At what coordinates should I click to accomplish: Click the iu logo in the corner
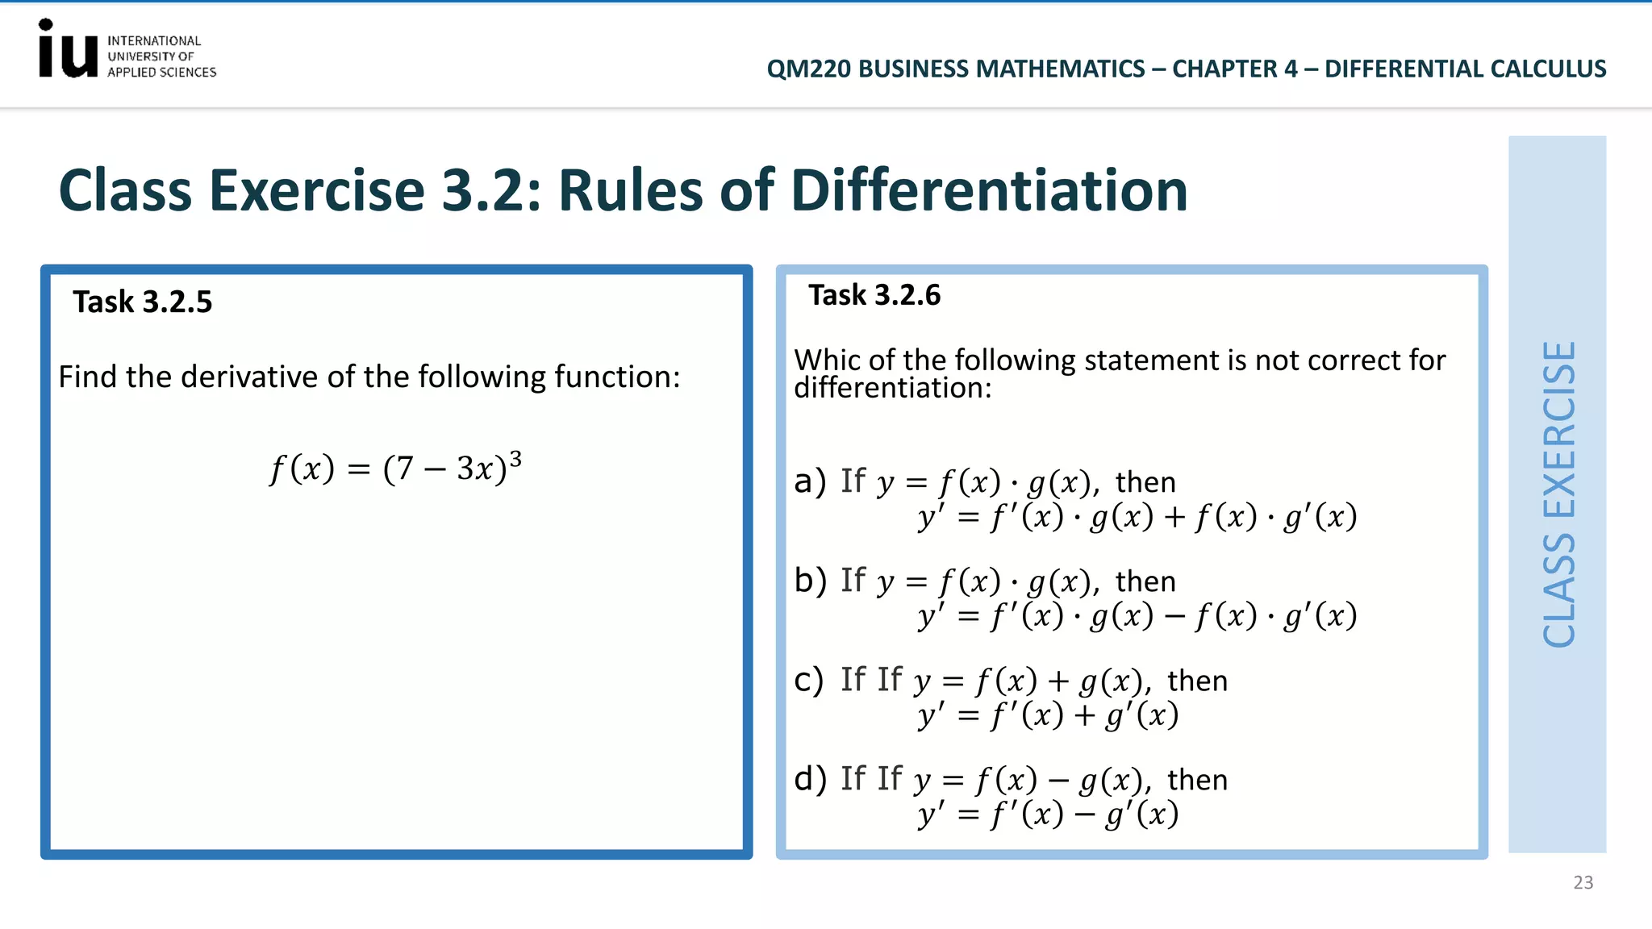[x=68, y=50]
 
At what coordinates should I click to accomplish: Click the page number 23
[x=1583, y=882]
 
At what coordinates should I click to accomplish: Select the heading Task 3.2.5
[x=143, y=302]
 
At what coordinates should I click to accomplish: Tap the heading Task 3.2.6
[x=874, y=295]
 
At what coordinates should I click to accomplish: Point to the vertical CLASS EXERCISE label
[x=1558, y=494]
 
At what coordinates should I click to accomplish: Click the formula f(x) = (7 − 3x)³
[x=395, y=468]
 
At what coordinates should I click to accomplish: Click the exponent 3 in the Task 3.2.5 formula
[x=515, y=458]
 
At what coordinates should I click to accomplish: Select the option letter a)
[x=810, y=481]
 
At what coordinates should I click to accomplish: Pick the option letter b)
[x=810, y=581]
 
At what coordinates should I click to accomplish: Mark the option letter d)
[x=810, y=779]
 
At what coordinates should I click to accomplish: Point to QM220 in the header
[x=808, y=69]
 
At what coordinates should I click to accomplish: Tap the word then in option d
[x=1197, y=780]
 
